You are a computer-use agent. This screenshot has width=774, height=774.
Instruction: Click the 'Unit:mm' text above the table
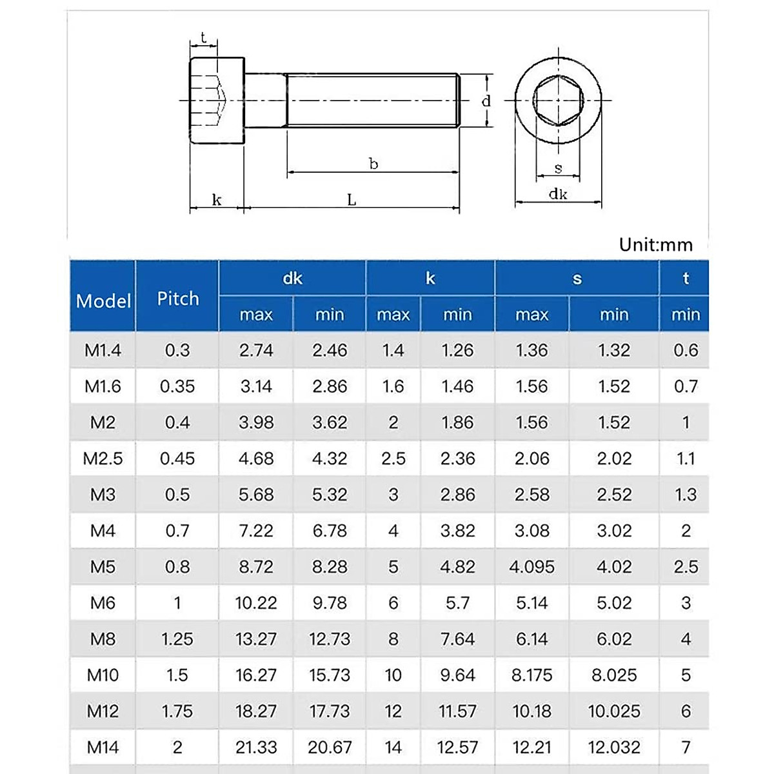pos(655,245)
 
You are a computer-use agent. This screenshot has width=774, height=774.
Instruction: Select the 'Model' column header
pos(103,301)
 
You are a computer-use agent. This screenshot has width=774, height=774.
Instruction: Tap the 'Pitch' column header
pos(178,299)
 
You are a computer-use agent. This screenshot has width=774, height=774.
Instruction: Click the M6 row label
pos(103,603)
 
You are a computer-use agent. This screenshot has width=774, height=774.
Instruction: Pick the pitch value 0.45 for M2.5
pos(177,459)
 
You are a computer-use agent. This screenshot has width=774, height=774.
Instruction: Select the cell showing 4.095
pos(531,567)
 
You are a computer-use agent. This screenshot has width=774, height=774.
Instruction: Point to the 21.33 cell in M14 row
pos(256,748)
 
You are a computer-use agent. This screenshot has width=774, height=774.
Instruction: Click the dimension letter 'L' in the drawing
pos(352,200)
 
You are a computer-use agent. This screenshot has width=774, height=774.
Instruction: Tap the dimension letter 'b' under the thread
pos(373,164)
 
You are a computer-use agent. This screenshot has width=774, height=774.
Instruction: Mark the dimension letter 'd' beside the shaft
pos(486,101)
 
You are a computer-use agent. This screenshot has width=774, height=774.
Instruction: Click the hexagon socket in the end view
pos(558,101)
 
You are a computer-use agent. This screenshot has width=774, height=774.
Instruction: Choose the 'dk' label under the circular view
pos(558,194)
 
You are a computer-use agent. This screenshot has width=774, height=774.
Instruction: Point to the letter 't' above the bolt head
pos(203,37)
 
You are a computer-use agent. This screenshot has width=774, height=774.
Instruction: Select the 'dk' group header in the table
pos(292,278)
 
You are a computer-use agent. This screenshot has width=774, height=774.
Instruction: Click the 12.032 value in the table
pos(614,748)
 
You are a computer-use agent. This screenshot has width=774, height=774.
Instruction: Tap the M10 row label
pos(103,675)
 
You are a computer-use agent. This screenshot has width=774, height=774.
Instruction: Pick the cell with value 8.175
pos(531,675)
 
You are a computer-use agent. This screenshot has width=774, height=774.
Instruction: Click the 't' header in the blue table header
pos(685,278)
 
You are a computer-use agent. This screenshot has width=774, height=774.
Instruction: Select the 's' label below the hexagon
pos(558,168)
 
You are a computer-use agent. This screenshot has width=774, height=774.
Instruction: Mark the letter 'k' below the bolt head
pos(217,200)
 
